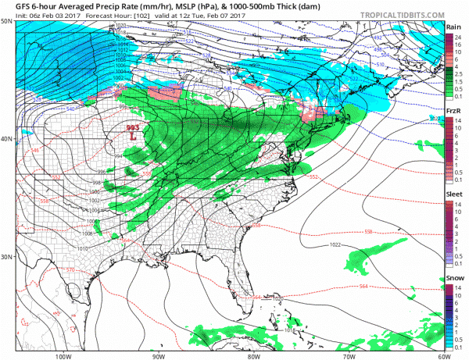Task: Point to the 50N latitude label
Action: (x=7, y=21)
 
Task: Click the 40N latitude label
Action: (x=7, y=139)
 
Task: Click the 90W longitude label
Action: (x=159, y=355)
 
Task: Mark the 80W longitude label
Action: (x=252, y=355)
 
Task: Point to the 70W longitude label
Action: (x=347, y=355)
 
